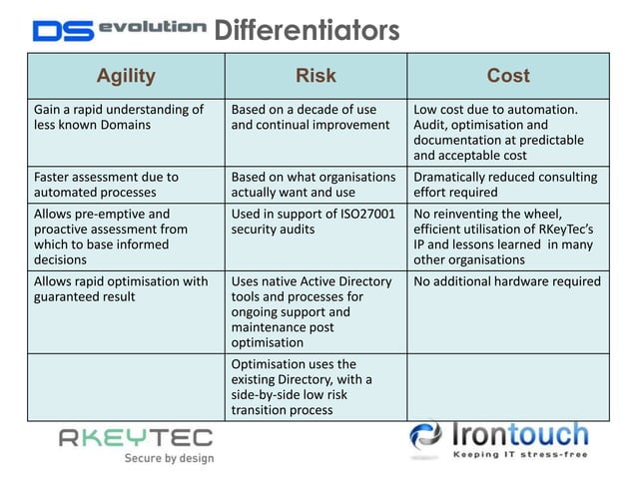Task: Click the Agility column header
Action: (126, 76)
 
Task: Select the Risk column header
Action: (316, 76)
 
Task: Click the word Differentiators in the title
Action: (307, 31)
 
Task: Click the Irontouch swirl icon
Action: (428, 438)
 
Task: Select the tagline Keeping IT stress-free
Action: (520, 455)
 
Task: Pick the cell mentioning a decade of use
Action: (316, 117)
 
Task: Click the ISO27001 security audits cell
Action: (316, 221)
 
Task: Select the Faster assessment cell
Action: (126, 185)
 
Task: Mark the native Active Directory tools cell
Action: (316, 311)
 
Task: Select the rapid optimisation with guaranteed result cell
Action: (126, 288)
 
